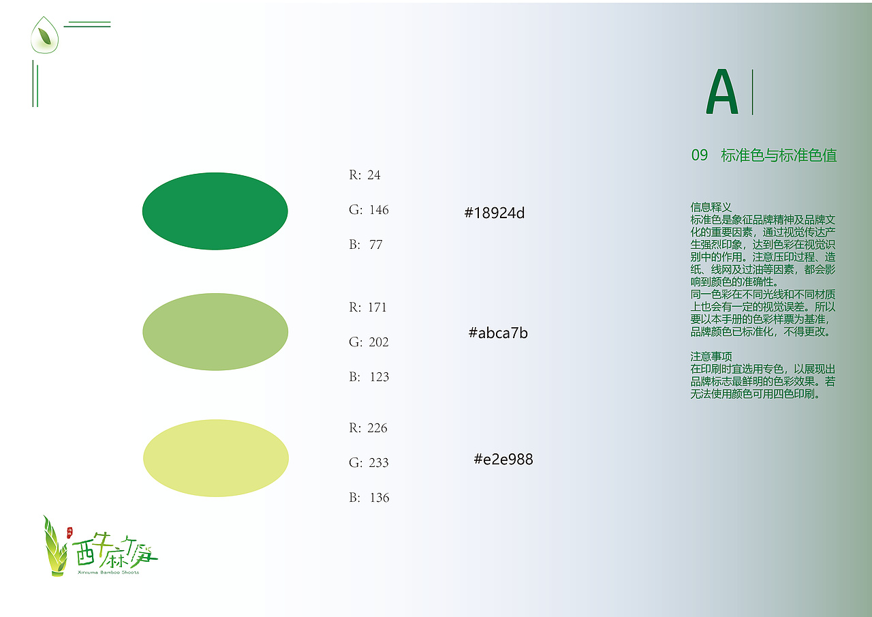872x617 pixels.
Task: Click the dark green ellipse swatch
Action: (215, 211)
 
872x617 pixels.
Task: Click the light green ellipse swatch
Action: (215, 332)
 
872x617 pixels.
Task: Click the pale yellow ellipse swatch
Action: (216, 458)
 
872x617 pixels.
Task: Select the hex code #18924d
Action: (495, 213)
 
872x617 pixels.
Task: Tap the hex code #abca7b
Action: (498, 333)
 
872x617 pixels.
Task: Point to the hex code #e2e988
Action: (503, 460)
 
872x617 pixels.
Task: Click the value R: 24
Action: (365, 175)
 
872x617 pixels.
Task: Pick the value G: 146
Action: (369, 210)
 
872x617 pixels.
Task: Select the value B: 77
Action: (366, 245)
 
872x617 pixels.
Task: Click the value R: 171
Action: (368, 307)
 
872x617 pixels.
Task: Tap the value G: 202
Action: (369, 342)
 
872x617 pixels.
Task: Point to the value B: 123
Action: (369, 377)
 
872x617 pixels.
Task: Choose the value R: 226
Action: (368, 428)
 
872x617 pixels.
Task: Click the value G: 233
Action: (369, 463)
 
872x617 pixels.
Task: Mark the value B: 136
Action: (369, 498)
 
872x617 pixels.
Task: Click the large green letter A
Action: (722, 92)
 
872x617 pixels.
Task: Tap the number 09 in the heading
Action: (700, 155)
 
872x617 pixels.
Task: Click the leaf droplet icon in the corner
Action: (45, 35)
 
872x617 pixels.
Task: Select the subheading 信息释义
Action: (711, 207)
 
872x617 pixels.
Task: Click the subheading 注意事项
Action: (711, 357)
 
